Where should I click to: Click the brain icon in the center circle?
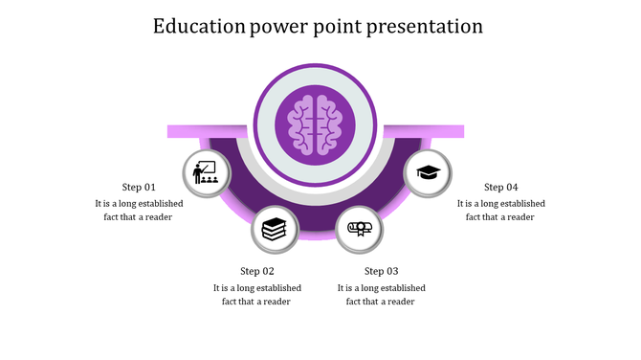(x=315, y=124)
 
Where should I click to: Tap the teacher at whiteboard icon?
(x=206, y=173)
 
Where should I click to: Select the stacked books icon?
(x=274, y=229)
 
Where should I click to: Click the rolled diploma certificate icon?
(x=360, y=229)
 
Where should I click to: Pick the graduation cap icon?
(x=428, y=173)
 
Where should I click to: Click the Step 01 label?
(x=139, y=187)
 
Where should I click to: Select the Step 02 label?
(x=257, y=271)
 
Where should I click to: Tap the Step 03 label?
(x=382, y=271)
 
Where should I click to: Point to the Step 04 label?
(x=500, y=187)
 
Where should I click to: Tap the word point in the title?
(x=341, y=26)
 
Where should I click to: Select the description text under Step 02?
(x=257, y=294)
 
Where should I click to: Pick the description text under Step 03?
(x=382, y=294)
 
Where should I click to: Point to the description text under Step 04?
(x=500, y=210)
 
